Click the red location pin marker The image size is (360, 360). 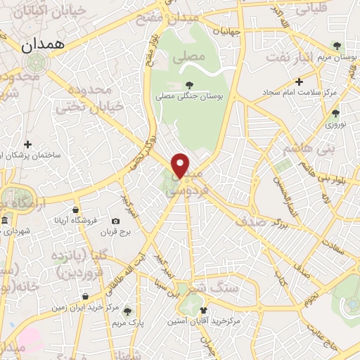181,165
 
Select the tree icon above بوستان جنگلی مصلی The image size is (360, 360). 189,85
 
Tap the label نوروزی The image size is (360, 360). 335,124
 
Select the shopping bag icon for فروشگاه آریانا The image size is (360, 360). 75,210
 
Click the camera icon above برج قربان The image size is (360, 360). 115,221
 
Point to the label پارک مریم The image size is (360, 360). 128,322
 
